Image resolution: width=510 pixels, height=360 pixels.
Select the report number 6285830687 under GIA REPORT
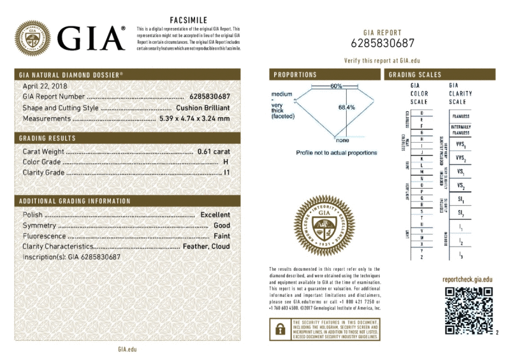coord(382,43)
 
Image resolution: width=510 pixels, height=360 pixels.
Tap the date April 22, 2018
coord(45,86)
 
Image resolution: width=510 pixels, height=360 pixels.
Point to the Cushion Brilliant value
coord(203,108)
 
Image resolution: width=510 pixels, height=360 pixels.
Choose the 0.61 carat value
coord(214,152)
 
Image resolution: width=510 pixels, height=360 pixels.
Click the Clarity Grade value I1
coord(226,173)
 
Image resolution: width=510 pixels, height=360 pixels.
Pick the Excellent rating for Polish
coord(215,215)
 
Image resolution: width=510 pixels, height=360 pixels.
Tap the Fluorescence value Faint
coord(221,236)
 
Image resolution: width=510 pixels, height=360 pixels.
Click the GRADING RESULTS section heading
coord(48,138)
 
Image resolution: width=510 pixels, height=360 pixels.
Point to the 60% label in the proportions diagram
coord(336,86)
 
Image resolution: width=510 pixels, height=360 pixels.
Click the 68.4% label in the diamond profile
coord(347,107)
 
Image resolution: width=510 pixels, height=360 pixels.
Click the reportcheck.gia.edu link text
coord(467,280)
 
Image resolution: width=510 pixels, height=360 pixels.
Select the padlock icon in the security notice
coord(279,329)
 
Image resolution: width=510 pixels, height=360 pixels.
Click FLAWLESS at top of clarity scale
coord(461,117)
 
